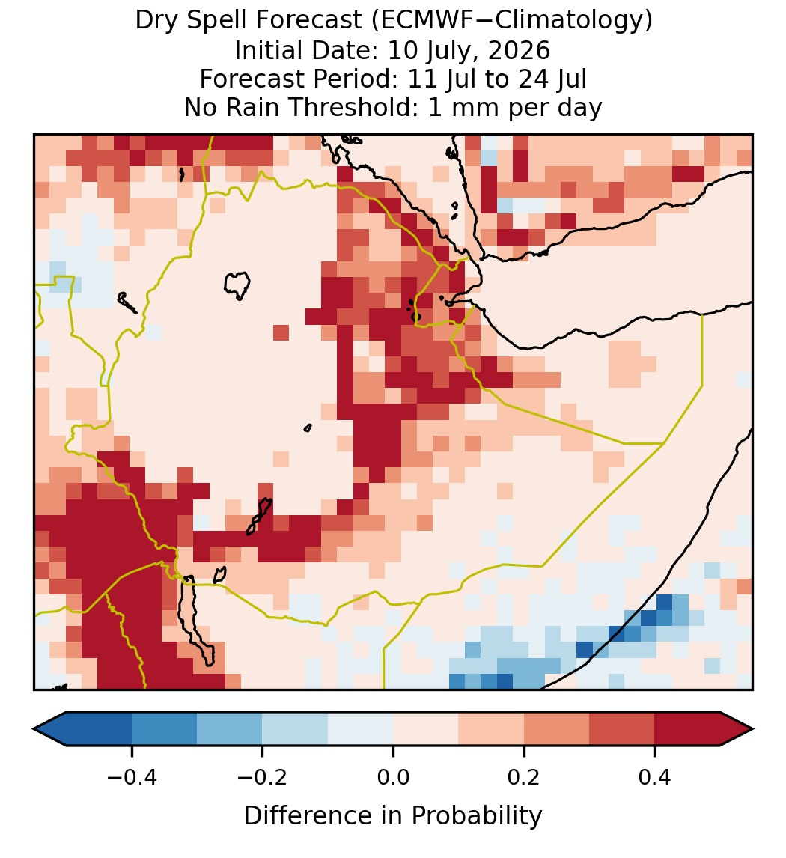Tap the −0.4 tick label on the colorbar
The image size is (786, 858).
point(132,776)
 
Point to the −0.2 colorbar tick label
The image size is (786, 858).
point(263,776)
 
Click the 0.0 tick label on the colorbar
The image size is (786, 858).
point(393,776)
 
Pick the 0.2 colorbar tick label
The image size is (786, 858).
point(524,776)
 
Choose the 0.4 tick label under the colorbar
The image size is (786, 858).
point(655,776)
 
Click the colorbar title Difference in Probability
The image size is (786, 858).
point(393,816)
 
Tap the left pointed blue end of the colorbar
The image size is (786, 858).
point(50,729)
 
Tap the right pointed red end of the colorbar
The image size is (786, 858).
point(737,729)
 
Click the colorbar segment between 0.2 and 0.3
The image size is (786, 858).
point(556,729)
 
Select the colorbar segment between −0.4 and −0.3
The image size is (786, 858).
point(164,729)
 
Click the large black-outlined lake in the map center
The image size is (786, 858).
point(237,285)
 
